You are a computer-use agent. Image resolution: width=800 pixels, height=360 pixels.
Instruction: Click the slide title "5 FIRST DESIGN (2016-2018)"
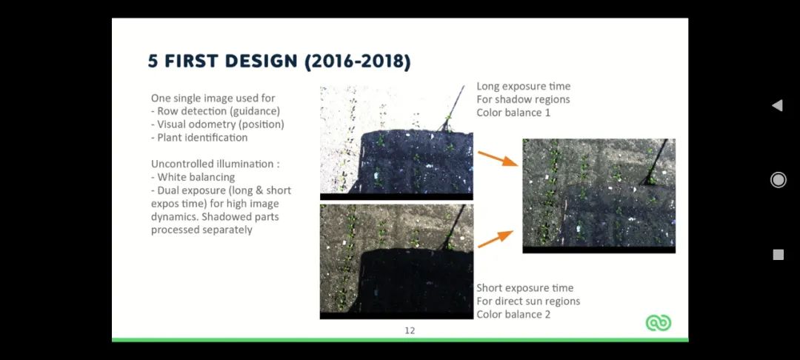click(x=279, y=61)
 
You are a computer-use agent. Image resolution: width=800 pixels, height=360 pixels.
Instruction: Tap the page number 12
click(x=410, y=330)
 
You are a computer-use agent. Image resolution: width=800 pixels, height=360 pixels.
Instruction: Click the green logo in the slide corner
click(x=659, y=322)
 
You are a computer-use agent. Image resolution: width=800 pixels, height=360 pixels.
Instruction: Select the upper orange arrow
click(x=498, y=159)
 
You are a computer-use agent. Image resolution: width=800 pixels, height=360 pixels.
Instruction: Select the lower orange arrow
click(x=496, y=239)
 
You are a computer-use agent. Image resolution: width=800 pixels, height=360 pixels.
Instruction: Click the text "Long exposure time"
click(x=524, y=86)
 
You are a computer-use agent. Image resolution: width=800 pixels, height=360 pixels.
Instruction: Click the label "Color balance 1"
click(x=514, y=112)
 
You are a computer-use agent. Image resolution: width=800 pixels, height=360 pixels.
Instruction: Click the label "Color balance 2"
click(x=514, y=314)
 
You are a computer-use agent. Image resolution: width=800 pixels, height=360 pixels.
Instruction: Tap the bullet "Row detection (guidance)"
click(x=219, y=111)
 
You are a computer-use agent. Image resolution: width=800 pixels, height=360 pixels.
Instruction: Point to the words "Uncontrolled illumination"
click(x=213, y=164)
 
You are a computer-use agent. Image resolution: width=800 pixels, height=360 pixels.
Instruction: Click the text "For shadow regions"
click(x=523, y=99)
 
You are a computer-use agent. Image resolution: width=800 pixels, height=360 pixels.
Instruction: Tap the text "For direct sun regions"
click(x=528, y=301)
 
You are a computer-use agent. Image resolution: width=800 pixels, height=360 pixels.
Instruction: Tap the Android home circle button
click(x=778, y=180)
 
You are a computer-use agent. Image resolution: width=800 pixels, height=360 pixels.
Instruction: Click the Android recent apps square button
click(x=778, y=255)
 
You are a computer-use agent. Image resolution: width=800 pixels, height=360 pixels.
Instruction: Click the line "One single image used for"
click(x=213, y=98)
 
